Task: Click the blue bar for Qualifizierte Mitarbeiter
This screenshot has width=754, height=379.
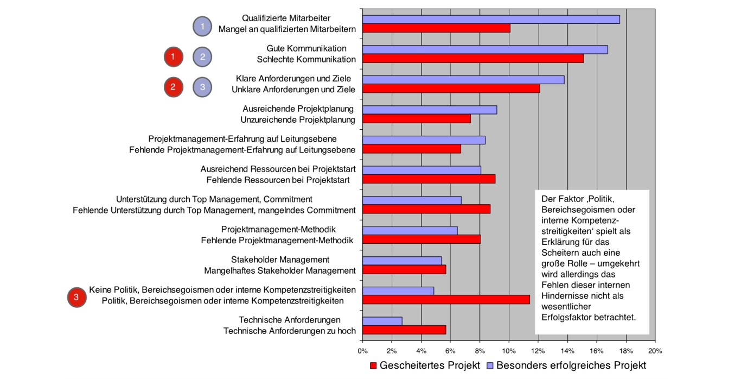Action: (x=491, y=20)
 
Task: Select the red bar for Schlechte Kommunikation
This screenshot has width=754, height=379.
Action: (x=473, y=59)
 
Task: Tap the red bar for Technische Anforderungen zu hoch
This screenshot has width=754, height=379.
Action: (x=404, y=330)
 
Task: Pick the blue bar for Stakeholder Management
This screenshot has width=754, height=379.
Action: (x=402, y=261)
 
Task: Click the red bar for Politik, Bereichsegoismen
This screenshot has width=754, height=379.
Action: (x=446, y=300)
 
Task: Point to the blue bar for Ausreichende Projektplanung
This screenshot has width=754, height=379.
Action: (x=430, y=110)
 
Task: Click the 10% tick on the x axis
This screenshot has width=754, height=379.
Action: (x=509, y=351)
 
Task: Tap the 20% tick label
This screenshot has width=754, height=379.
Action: (x=655, y=351)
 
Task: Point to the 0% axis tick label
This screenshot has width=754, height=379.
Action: (x=363, y=351)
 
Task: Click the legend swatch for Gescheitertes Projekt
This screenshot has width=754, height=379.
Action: (x=373, y=365)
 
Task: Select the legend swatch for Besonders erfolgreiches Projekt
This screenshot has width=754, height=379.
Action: (x=490, y=365)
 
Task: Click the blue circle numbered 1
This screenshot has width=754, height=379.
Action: (x=202, y=26)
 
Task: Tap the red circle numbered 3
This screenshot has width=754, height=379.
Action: (x=76, y=297)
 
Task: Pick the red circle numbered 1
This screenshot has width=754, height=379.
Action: (x=173, y=56)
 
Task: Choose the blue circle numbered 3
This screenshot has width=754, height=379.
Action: (x=202, y=86)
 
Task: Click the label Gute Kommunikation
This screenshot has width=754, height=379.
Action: (x=306, y=48)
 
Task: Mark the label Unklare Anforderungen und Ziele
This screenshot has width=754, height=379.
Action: (x=293, y=89)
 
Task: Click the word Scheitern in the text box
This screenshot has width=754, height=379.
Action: (x=559, y=252)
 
